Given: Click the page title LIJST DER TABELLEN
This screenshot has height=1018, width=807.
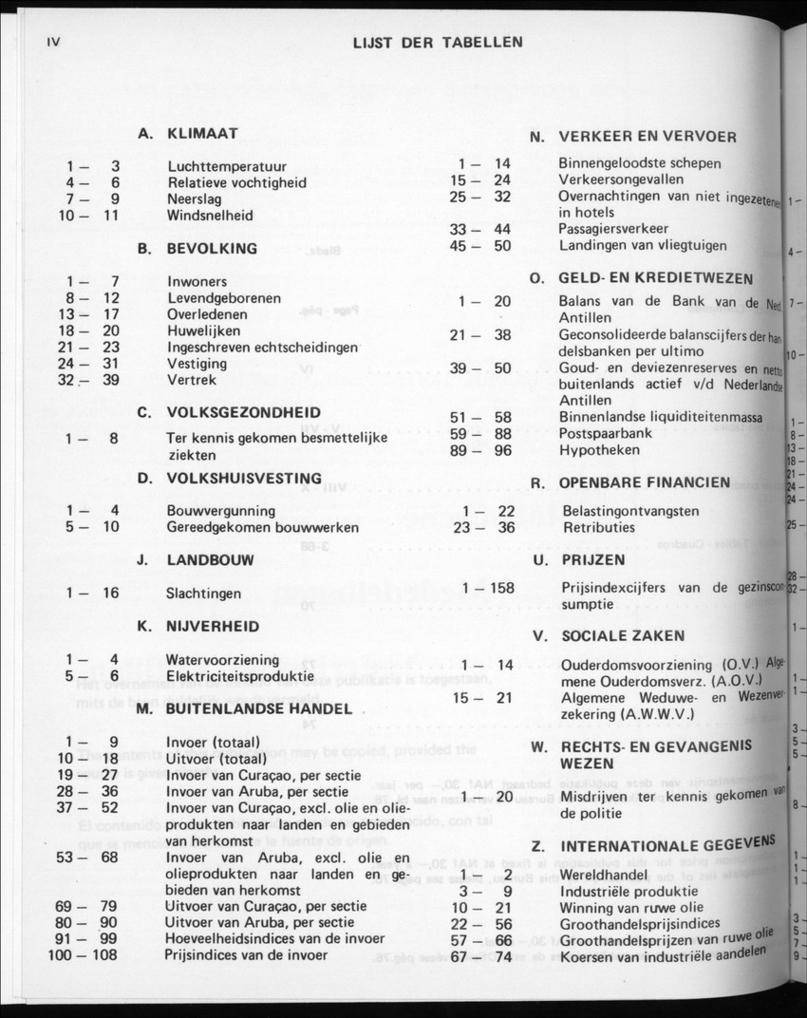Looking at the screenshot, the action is coord(437,43).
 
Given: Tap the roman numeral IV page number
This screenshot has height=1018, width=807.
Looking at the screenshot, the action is coord(53,42).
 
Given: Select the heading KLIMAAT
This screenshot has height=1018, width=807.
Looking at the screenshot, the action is coord(202,134).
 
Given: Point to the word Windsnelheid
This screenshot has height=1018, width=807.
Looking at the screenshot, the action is coord(210,216).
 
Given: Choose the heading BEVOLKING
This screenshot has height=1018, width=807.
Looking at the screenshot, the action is coord(212,249).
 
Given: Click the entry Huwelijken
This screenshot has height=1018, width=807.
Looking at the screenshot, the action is coord(203,331).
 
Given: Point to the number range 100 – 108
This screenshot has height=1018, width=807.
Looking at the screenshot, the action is coord(83,954).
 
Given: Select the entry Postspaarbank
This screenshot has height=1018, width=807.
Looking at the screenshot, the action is coord(605,433).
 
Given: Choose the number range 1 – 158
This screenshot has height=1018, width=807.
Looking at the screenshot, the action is coord(488,588).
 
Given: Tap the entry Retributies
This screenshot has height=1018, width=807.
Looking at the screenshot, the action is coord(597,528).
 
